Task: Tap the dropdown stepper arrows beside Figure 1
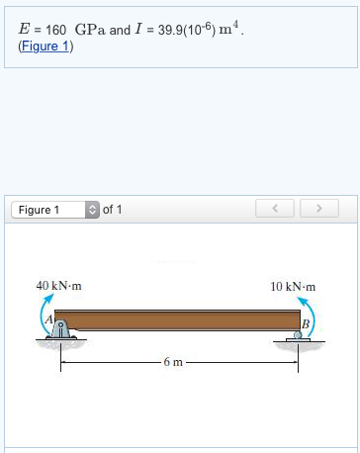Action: pos(93,210)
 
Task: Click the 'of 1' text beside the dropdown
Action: pos(113,210)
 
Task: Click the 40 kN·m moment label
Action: pos(58,286)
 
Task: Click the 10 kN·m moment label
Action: pos(292,286)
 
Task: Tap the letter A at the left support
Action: pos(45,320)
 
